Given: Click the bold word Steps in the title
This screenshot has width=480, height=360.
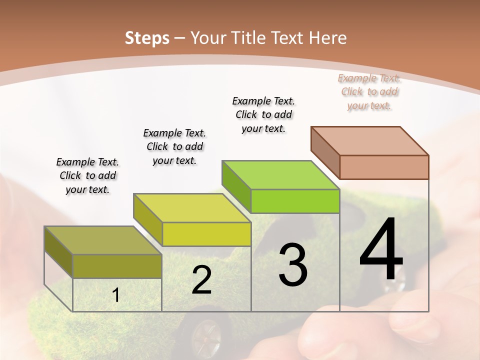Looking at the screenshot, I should click(147, 38).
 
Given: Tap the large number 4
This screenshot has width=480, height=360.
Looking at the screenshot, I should click(381, 250).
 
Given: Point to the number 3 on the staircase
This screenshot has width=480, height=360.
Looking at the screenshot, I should click(292, 265).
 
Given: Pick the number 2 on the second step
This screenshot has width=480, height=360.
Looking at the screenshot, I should click(201, 280).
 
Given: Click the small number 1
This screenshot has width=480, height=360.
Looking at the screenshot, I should click(116, 295).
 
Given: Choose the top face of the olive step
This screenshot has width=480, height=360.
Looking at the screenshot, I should click(103, 240).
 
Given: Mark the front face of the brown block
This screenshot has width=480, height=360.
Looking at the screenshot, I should click(384, 167).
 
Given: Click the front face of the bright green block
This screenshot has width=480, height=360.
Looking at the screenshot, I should click(295, 201).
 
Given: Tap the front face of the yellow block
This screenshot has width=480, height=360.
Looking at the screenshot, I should click(206, 234).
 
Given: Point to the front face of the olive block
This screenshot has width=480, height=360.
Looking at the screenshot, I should click(117, 266).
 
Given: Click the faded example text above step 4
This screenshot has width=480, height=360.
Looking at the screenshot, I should click(369, 91).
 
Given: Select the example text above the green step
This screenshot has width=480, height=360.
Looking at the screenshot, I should click(263, 114).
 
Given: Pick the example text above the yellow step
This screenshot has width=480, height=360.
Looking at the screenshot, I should click(174, 146).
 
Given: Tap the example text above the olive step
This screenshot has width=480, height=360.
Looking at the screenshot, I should click(87, 175).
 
